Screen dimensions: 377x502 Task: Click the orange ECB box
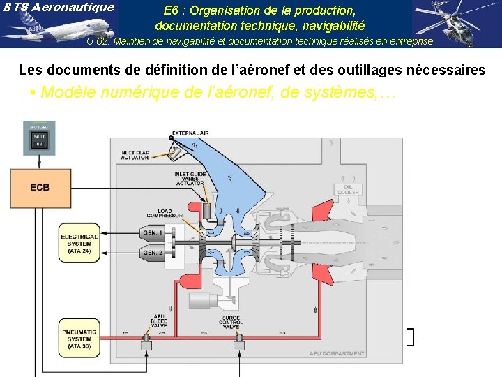tap(40, 188)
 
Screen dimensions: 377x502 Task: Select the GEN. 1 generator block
tap(152, 232)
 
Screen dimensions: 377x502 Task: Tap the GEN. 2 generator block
tap(152, 251)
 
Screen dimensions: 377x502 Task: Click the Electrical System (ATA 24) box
tap(79, 243)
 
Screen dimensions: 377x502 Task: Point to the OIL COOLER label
tap(348, 190)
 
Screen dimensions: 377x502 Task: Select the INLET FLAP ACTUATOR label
tap(134, 156)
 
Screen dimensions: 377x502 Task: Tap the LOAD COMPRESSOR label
tap(165, 214)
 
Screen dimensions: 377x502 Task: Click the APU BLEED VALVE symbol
tap(147, 344)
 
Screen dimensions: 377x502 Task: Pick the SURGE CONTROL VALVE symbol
tap(240, 344)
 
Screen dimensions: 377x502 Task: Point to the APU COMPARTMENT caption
tap(337, 354)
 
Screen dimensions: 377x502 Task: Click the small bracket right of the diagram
tap(411, 337)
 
